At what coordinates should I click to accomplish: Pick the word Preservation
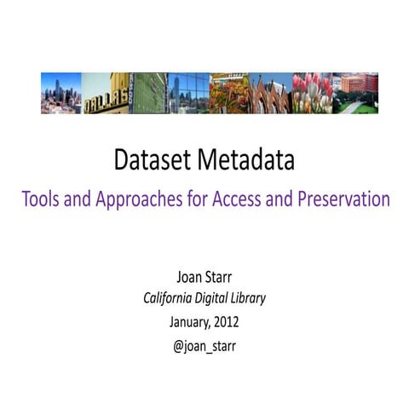pos(340,200)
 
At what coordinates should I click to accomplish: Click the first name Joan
pos(190,278)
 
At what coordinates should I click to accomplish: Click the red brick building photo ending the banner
pos(355,92)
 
